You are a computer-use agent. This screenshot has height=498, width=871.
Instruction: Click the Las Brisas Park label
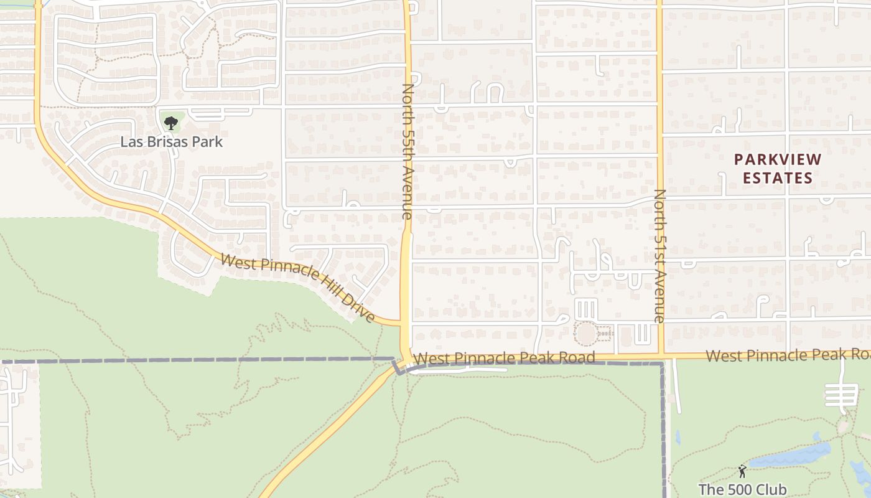tap(171, 142)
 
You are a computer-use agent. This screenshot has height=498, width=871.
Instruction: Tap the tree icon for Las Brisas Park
tap(171, 123)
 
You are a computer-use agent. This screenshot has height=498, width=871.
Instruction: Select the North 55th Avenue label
tap(407, 151)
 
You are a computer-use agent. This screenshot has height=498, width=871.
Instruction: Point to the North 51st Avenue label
tap(659, 255)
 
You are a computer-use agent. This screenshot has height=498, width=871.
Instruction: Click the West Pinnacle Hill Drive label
tap(298, 288)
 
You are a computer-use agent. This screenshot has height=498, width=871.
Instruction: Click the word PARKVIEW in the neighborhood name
tap(778, 160)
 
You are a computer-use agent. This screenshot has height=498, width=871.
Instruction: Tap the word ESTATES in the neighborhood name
tap(778, 178)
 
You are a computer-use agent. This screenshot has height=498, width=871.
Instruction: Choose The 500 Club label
tap(742, 489)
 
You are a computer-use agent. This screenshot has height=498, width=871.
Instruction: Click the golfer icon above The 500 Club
tap(742, 471)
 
